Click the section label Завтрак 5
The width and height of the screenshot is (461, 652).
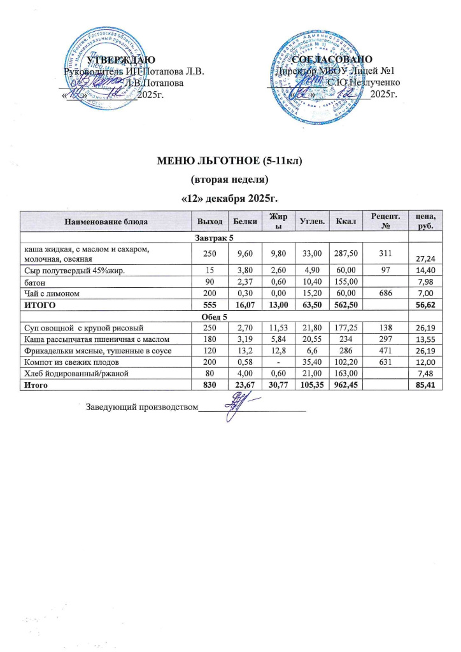(214, 237)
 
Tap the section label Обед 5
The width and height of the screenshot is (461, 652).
(214, 316)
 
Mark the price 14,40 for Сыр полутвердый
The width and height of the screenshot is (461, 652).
(424, 271)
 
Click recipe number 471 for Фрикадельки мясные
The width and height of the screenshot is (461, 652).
(384, 350)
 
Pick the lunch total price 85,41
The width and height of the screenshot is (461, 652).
(424, 385)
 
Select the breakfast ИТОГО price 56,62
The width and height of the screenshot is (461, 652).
(424, 306)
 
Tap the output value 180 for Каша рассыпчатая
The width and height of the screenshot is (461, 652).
(206, 339)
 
